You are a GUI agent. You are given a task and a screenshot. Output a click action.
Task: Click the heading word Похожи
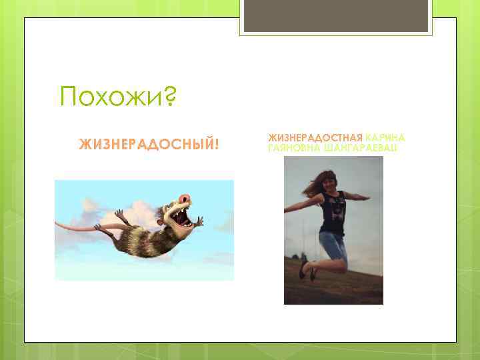pyautogui.click(x=110, y=98)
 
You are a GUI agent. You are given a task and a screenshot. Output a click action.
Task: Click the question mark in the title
pyautogui.click(x=169, y=98)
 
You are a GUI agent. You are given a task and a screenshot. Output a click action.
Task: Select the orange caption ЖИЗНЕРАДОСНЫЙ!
pyautogui.click(x=149, y=144)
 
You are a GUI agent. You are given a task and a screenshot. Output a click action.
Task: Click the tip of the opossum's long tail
pyautogui.click(x=59, y=223)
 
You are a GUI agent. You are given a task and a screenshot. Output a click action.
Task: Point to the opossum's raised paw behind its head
pyautogui.click(x=120, y=215)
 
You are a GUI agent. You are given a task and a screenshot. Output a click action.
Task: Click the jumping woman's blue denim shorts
pyautogui.click(x=333, y=243)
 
